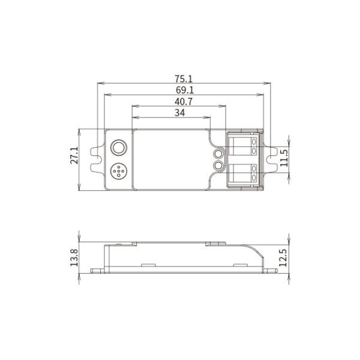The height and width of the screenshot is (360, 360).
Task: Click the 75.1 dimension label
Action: pos(184,79)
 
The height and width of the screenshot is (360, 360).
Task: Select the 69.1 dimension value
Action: pos(185,90)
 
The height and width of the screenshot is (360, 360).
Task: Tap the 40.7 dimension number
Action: pos(184,101)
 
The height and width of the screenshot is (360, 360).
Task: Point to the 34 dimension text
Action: pos(180,113)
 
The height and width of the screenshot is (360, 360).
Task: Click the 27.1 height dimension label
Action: pos(74,155)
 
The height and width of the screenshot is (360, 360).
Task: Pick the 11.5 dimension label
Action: pos(284,158)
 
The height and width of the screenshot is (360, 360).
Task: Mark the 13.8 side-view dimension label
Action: pos(74,257)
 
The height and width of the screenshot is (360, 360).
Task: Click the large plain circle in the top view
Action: pos(118,147)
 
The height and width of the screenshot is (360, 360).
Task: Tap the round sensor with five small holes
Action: pos(118,171)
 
